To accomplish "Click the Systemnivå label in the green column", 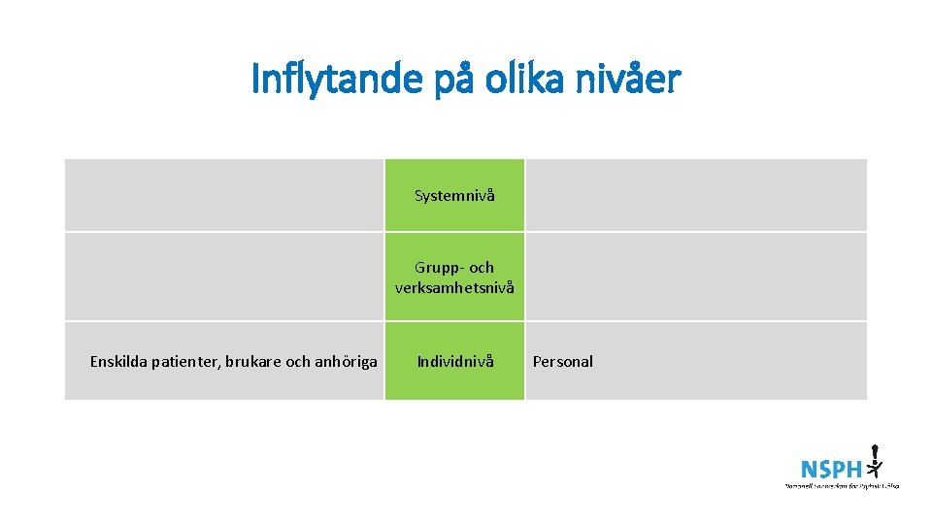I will point(454,196).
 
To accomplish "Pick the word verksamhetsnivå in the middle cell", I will point(454,288).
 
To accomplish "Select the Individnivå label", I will point(455,361).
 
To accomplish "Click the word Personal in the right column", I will point(562,361).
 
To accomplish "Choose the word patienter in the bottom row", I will point(185,362).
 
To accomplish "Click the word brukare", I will point(251,362).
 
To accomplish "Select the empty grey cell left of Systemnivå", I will point(224,196).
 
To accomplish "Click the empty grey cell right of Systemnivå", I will point(695,196).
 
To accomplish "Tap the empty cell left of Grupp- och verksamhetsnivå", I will point(224,277).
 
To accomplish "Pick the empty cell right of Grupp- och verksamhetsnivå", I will point(695,277).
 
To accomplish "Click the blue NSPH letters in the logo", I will point(831,469).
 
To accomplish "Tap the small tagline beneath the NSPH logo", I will point(842,484).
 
